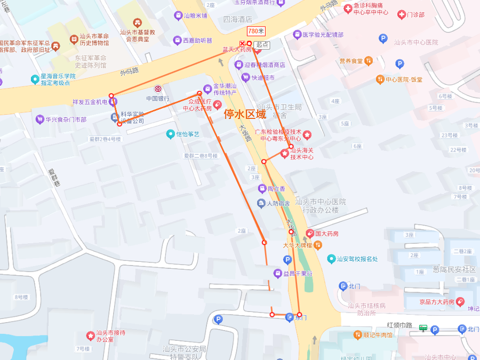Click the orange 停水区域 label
click(x=245, y=114)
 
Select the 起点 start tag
click(x=261, y=45)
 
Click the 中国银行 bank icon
click(x=158, y=89)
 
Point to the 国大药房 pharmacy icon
click(x=309, y=233)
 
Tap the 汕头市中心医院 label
click(x=415, y=42)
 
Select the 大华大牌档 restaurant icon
click(x=318, y=245)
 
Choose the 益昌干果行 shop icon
click(x=277, y=273)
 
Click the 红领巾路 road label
click(x=399, y=325)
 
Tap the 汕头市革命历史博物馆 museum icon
click(x=74, y=39)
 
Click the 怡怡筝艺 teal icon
click(x=170, y=134)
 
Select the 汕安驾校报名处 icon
click(x=331, y=259)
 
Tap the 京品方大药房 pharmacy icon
click(x=460, y=302)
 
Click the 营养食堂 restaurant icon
click(x=369, y=61)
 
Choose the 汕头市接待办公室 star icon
click(x=90, y=335)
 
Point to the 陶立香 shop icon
click(x=262, y=188)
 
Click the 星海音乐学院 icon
click(x=35, y=76)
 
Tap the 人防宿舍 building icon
click(x=261, y=203)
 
